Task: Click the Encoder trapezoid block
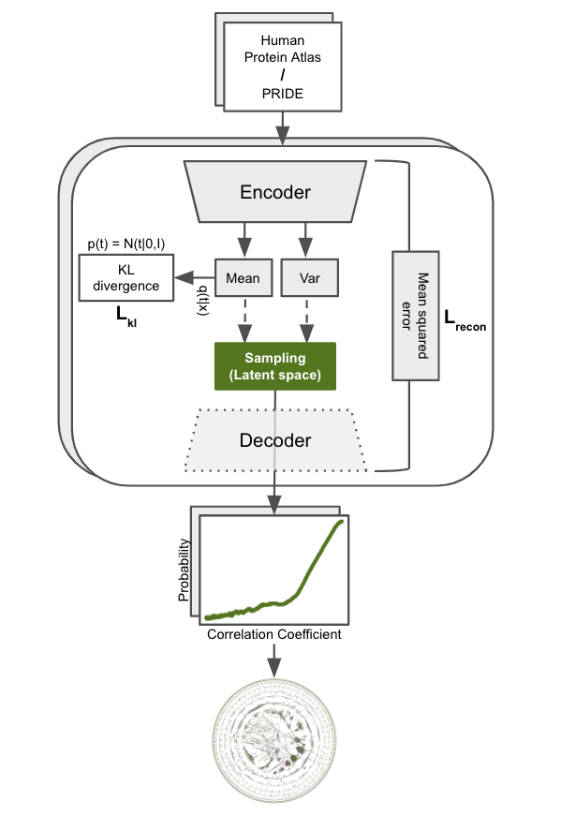(274, 192)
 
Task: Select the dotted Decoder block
(274, 439)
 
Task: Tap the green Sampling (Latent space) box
(274, 366)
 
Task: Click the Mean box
(243, 278)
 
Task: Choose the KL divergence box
(125, 278)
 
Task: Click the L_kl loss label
(125, 317)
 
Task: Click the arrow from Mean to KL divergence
(194, 278)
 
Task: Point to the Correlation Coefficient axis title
(274, 634)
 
